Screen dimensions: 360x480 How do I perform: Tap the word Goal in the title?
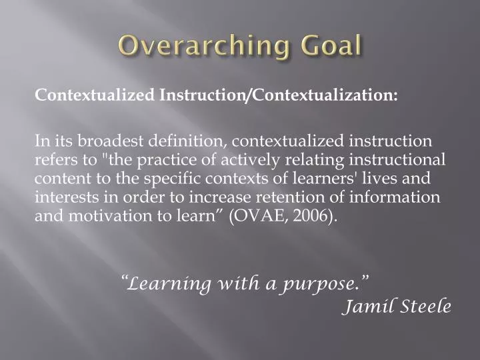tap(329, 47)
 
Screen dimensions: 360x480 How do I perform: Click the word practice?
tap(162, 160)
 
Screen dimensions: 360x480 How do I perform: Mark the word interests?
tap(61, 197)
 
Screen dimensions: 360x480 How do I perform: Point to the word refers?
tap(55, 160)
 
